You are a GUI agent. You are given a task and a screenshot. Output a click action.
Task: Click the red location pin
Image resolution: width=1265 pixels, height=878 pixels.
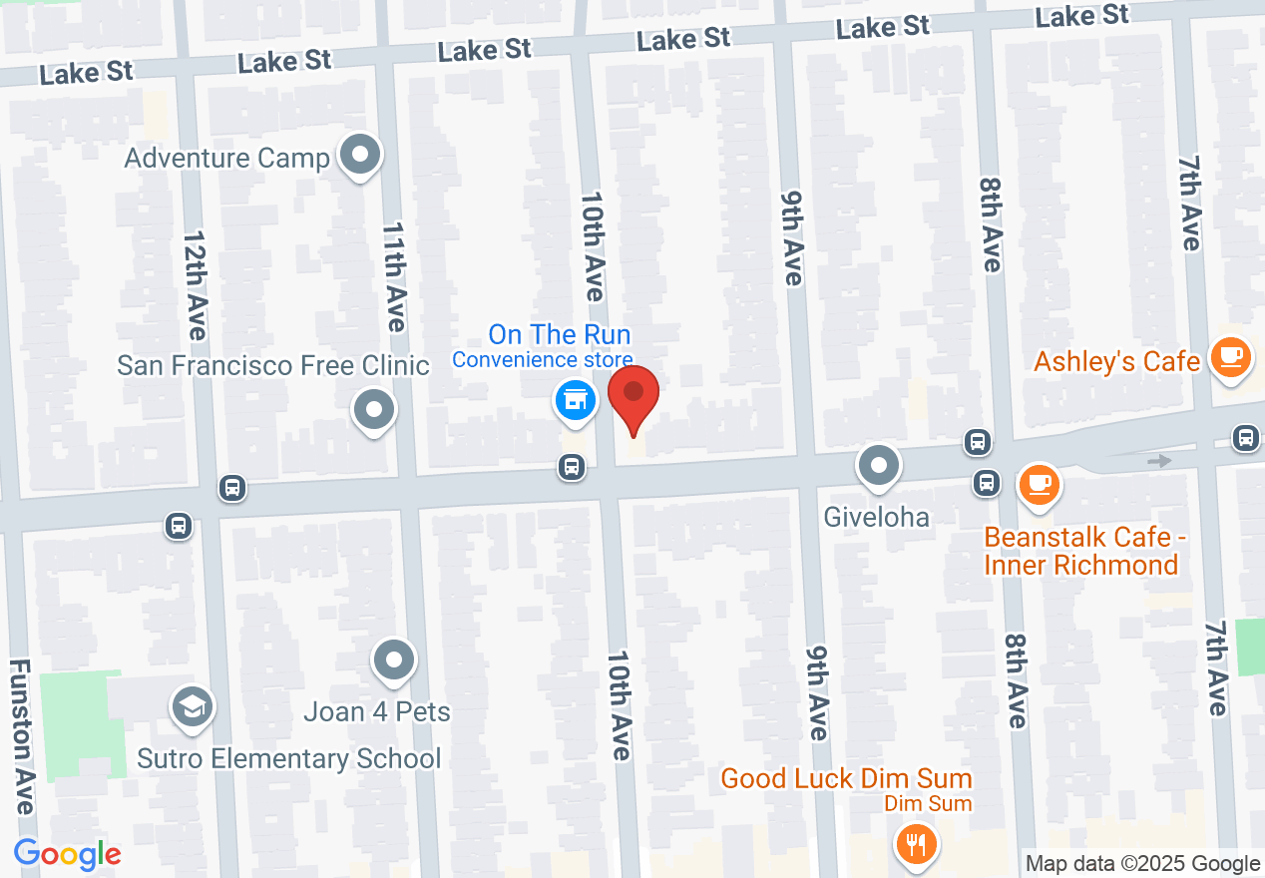coord(633,394)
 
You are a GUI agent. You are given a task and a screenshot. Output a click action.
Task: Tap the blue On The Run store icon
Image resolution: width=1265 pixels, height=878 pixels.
coord(575,401)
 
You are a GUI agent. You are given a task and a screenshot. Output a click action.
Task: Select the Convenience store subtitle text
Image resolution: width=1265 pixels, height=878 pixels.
coord(542,360)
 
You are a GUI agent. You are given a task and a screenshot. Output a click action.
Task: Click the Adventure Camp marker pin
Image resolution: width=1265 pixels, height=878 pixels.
coord(360,156)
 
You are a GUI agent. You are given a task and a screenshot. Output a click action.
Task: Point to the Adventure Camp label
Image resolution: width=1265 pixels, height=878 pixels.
coord(227,158)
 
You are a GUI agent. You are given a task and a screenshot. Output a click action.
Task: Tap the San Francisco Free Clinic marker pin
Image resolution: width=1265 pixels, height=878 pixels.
coord(374,409)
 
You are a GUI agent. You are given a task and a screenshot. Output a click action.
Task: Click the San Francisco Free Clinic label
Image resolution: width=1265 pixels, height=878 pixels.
coord(272,365)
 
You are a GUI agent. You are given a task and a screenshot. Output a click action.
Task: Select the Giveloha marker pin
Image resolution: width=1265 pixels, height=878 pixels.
coord(879,465)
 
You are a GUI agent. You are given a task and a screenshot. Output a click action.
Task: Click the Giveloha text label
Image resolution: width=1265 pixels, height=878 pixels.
coord(877,517)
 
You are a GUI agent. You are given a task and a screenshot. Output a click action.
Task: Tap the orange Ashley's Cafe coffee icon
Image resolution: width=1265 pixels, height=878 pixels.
coord(1230,356)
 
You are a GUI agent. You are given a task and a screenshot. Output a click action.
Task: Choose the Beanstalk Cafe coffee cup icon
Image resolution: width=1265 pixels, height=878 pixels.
coord(1040,484)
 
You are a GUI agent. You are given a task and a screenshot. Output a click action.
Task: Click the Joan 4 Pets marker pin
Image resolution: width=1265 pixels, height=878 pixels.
coord(394,659)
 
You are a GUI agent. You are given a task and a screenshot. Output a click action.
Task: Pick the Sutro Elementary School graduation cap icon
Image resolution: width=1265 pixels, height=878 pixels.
coord(188,707)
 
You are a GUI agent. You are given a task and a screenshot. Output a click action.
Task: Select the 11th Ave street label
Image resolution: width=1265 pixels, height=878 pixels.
coord(393,276)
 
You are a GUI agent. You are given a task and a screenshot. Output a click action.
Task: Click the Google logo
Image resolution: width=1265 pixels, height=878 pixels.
coord(67,854)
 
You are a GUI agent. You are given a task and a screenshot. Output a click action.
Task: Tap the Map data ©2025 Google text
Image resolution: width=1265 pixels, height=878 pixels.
coord(1142,864)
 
